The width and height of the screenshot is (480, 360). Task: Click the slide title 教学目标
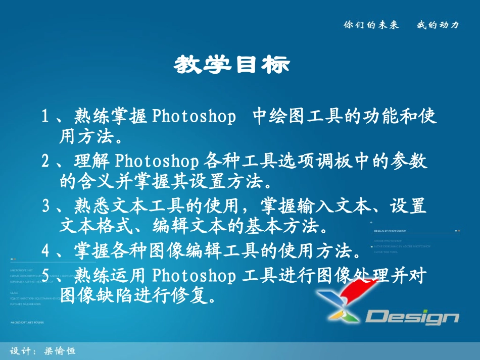tap(232, 65)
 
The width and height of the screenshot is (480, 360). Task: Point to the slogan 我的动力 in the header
tap(438, 25)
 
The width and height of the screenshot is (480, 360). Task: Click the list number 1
tap(45, 117)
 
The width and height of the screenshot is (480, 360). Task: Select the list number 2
tap(45, 162)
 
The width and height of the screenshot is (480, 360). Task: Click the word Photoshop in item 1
tap(194, 117)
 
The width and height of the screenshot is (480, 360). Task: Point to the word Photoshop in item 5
tap(194, 276)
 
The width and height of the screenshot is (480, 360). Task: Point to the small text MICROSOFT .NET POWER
tap(27, 322)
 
